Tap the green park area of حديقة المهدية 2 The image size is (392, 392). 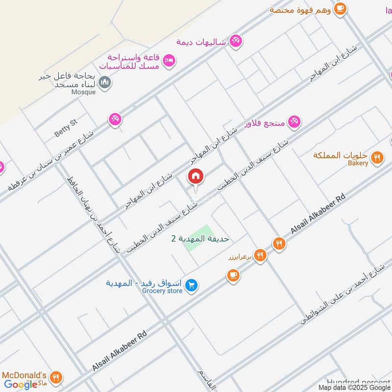click(198, 238)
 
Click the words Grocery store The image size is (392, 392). click(162, 291)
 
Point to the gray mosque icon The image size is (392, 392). click(104, 83)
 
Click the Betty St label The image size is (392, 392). click(66, 129)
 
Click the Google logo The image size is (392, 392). click(21, 385)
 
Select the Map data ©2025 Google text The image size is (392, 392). click(354, 387)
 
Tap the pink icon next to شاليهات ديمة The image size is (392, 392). click(236, 41)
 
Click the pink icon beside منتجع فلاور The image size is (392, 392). click(294, 121)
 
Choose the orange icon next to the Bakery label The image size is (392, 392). click(376, 157)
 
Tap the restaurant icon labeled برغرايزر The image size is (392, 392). click(260, 255)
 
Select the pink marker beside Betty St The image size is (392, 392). click(115, 119)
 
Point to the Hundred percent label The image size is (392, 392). click(359, 382)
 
